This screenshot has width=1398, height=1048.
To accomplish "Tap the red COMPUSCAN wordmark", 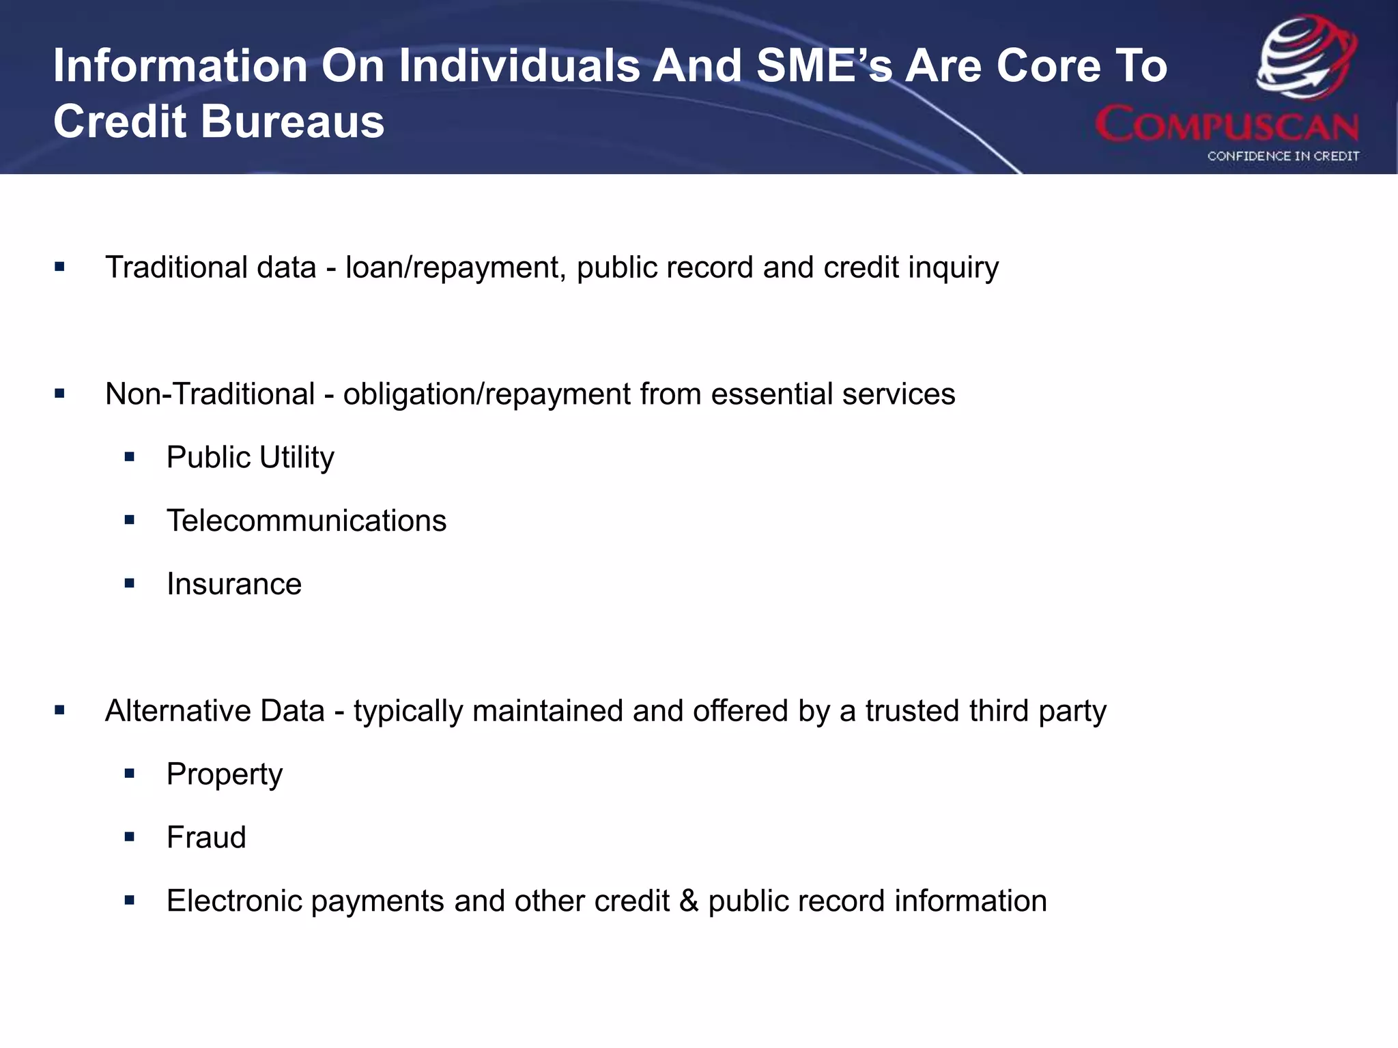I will (1227, 125).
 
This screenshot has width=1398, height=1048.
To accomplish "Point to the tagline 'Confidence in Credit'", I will (1283, 156).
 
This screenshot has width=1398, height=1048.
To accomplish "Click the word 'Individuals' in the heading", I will (519, 66).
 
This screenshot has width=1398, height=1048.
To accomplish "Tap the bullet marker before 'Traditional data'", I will (60, 267).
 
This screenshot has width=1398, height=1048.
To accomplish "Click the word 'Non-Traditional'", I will (210, 394).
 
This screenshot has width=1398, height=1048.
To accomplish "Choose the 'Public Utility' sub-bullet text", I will (250, 457).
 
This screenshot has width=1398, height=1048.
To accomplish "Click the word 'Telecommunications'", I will (306, 521).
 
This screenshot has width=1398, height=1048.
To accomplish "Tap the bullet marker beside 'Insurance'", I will (130, 584).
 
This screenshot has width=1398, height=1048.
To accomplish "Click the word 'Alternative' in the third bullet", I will (177, 711).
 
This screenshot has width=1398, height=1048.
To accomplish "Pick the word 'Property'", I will (225, 774).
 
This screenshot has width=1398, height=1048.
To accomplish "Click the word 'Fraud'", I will (206, 838).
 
